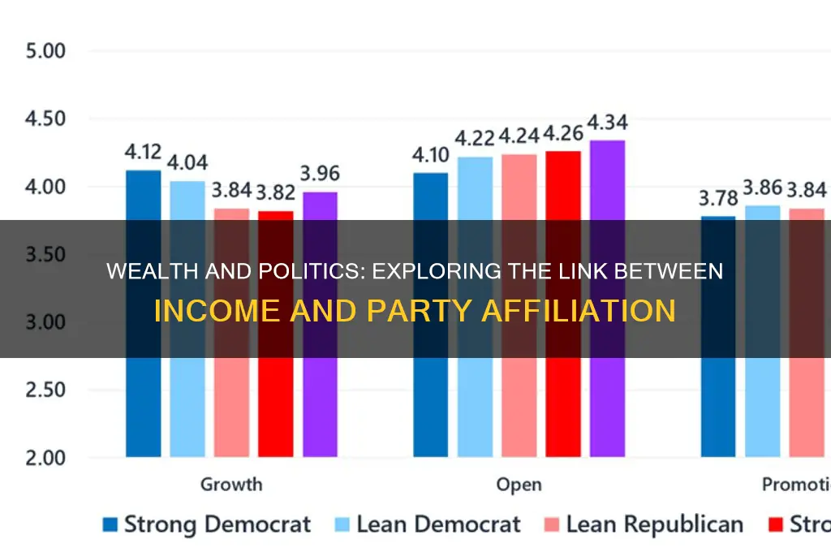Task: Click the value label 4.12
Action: tap(144, 153)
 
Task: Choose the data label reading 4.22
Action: tap(475, 139)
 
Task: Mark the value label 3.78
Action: tap(718, 198)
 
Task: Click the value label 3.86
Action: tap(762, 188)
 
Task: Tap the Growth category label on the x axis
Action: tap(231, 485)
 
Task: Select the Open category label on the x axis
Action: tap(519, 485)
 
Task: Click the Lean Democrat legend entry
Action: tap(428, 524)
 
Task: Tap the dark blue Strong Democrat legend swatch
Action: tap(110, 525)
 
